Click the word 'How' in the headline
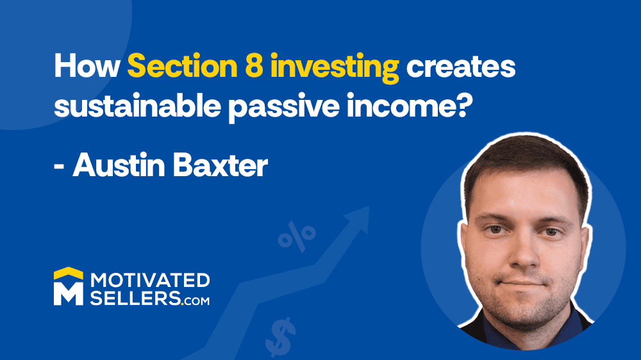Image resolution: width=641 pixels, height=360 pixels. point(87,66)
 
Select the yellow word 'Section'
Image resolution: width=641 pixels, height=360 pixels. point(182,66)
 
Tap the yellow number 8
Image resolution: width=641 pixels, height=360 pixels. point(254,66)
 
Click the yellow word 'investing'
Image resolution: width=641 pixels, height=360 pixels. point(335,68)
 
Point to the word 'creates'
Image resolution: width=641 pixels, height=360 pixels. point(461,67)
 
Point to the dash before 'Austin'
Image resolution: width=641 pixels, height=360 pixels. point(59,168)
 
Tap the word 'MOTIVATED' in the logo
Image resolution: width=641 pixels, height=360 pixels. point(150,281)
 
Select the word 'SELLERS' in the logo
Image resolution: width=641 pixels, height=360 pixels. point(135,298)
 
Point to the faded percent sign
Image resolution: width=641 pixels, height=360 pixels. point(297,236)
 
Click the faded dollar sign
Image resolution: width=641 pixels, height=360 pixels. point(281,338)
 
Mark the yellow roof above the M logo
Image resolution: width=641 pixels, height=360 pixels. point(69,273)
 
